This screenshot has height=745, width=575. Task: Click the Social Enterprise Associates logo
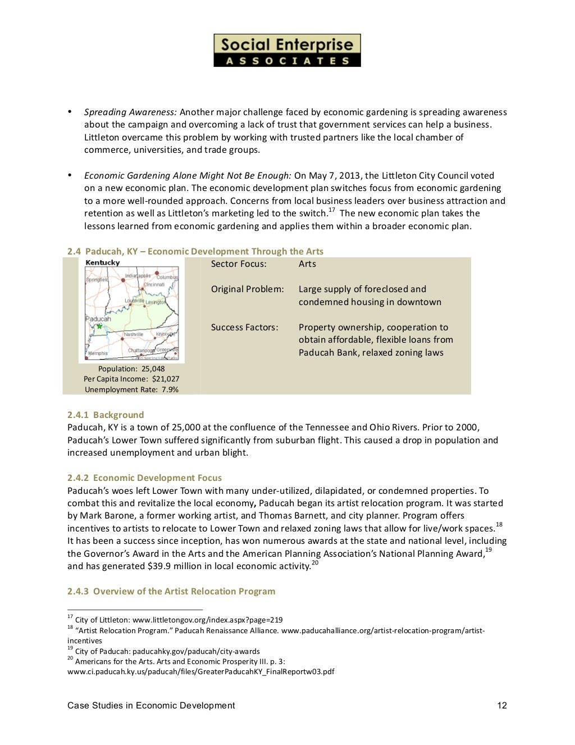pyautogui.click(x=287, y=51)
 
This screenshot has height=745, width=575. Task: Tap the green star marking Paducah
pyautogui.click(x=99, y=326)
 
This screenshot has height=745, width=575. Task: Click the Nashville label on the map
pyautogui.click(x=134, y=334)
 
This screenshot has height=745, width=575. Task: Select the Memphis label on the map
pyautogui.click(x=98, y=353)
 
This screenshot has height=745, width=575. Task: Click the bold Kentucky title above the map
pyautogui.click(x=102, y=263)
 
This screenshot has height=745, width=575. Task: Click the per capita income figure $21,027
pyautogui.click(x=166, y=379)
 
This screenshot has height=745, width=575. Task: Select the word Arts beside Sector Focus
pyautogui.click(x=307, y=264)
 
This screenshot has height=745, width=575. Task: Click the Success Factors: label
pyautogui.click(x=244, y=328)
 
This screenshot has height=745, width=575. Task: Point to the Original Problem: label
pyautogui.click(x=247, y=289)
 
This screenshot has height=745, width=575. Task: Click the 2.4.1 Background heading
pyautogui.click(x=106, y=415)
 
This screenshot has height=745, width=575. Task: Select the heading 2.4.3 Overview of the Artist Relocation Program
pyautogui.click(x=171, y=592)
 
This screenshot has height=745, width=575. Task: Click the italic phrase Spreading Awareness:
pyautogui.click(x=130, y=112)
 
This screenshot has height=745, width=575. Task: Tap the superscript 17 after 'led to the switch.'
pyautogui.click(x=331, y=210)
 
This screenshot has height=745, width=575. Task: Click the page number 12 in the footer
pyautogui.click(x=502, y=706)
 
